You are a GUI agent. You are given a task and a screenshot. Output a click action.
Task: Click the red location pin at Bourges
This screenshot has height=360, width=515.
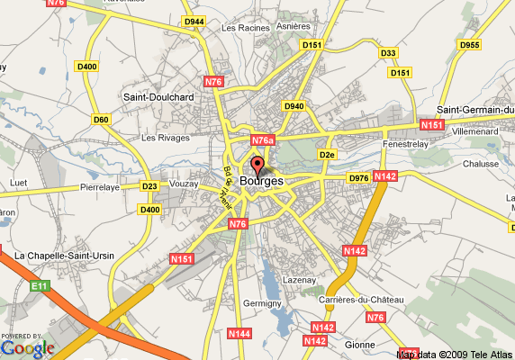[x=257, y=166]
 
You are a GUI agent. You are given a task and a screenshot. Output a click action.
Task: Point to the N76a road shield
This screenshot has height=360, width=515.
[x=262, y=140]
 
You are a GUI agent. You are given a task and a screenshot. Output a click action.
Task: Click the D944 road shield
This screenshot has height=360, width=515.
[x=194, y=20]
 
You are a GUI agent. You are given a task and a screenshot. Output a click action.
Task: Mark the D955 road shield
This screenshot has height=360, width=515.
[x=469, y=44]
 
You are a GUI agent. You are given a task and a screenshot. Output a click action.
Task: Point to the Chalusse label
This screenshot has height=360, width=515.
[x=480, y=164]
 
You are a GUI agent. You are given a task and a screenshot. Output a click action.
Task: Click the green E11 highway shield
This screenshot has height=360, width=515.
[x=38, y=286]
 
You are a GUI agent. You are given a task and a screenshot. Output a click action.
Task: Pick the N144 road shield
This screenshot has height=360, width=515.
[x=239, y=333]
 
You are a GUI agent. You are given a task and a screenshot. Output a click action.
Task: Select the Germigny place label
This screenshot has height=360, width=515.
[x=263, y=304]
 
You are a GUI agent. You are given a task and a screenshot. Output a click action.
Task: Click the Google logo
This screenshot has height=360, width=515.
[x=27, y=347]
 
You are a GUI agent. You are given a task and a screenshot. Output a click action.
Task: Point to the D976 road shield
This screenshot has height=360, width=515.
[x=358, y=177]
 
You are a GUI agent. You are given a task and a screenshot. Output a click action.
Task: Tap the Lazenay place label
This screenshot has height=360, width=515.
[x=298, y=281]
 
